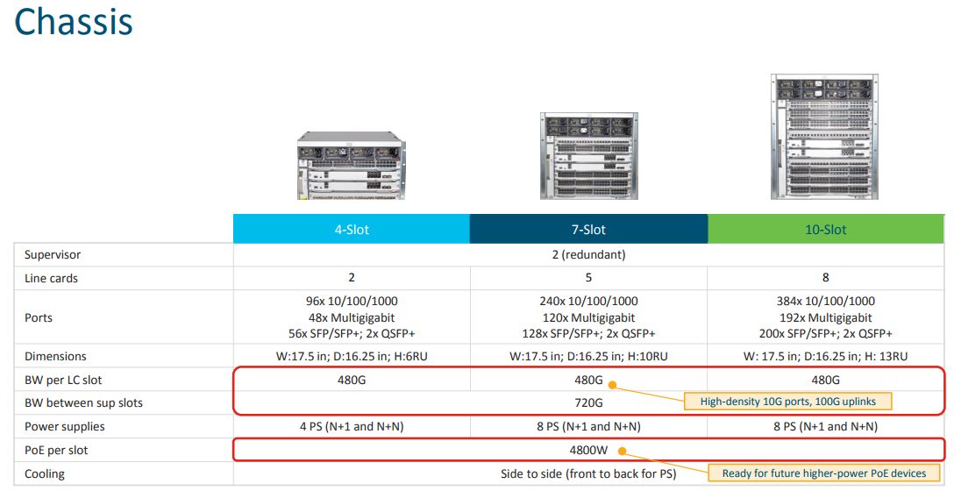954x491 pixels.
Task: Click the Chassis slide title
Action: coord(74,21)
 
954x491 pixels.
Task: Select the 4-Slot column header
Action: coord(351,230)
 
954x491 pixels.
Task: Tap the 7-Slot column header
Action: coord(588,230)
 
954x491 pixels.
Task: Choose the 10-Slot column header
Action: coord(825,230)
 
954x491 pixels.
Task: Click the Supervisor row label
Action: coord(53,255)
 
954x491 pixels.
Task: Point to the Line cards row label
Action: coord(51,278)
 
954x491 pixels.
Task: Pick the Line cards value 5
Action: coord(588,278)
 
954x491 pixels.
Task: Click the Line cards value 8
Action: coord(825,278)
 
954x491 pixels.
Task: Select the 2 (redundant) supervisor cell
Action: coord(588,255)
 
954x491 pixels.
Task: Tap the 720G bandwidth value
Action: coord(588,403)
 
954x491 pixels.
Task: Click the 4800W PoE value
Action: coord(588,451)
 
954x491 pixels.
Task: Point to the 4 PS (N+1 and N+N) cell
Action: coord(351,427)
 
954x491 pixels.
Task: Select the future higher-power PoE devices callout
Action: coord(823,473)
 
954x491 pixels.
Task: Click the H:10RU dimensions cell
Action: coord(588,357)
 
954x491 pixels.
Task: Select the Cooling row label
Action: coord(45,474)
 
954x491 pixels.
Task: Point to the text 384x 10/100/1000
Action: coord(825,302)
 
